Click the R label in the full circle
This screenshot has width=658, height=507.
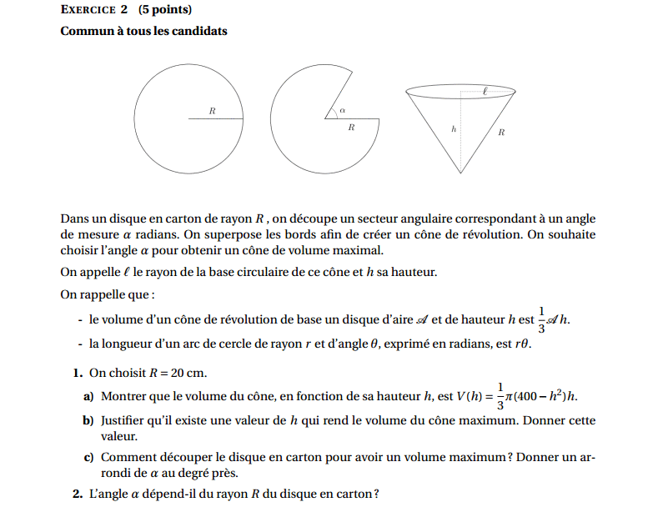pos(212,110)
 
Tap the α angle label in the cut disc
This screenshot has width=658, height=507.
pos(342,109)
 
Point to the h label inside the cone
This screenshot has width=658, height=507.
pos(453,129)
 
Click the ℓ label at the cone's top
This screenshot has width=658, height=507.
pos(485,86)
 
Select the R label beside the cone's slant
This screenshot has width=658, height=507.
pos(501,132)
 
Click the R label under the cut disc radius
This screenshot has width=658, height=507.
pos(351,128)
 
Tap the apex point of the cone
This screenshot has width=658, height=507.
pos(460,174)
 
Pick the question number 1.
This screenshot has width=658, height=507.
pos(77,373)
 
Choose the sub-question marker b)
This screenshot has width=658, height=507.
pos(88,420)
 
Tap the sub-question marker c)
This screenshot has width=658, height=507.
pos(88,457)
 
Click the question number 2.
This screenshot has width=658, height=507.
pos(77,494)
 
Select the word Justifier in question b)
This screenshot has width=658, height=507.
pos(126,420)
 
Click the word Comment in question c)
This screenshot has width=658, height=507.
pos(127,457)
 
